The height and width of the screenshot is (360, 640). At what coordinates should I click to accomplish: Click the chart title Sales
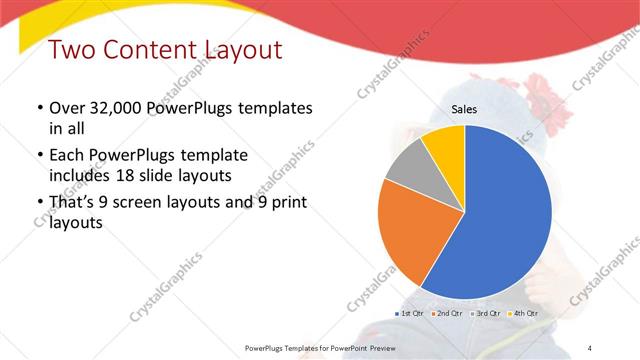coord(465,109)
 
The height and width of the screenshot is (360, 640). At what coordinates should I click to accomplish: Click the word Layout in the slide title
coord(237,49)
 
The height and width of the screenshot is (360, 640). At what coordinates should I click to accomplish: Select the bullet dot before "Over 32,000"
coord(39,108)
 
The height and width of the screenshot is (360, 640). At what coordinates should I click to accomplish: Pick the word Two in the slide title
coord(70,49)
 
